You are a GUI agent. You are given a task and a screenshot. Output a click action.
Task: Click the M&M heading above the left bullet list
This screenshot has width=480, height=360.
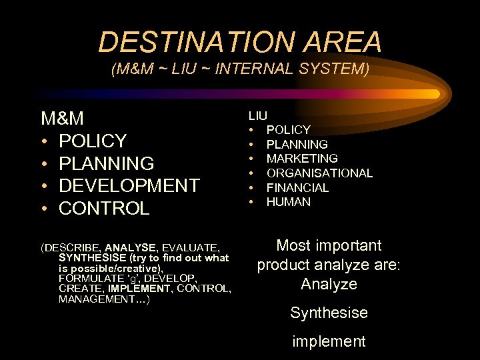[63, 119]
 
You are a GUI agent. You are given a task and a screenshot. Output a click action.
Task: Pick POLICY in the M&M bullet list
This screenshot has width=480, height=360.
[93, 141]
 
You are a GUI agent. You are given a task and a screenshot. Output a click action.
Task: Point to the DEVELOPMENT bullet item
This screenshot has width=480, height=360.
[129, 185]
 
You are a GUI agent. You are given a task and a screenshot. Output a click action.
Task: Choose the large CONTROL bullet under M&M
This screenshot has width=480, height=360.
[104, 208]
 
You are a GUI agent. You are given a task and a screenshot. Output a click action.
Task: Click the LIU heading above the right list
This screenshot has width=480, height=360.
[258, 115]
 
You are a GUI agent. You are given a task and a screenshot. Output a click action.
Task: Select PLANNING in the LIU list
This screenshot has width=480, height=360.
[297, 144]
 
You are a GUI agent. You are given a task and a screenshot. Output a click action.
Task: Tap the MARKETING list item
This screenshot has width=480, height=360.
[302, 159]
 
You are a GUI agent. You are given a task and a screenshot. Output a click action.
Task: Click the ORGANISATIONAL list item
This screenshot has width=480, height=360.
[319, 173]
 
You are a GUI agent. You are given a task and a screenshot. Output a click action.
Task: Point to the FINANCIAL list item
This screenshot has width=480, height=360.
[297, 188]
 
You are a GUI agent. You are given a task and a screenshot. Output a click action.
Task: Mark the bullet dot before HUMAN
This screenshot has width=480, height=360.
[253, 202]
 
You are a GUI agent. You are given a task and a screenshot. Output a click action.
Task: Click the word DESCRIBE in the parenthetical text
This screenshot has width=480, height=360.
[71, 247]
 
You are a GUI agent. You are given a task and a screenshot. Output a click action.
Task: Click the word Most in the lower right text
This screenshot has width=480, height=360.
[292, 245]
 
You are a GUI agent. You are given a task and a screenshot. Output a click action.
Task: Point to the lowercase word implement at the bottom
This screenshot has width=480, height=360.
[329, 342]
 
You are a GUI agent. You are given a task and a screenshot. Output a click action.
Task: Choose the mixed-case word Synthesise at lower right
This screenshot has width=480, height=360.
[329, 313]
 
